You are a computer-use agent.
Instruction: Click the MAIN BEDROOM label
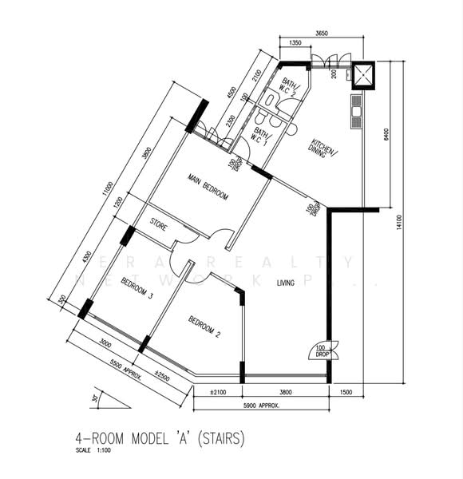point(208,188)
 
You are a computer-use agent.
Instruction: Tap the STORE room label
point(158,227)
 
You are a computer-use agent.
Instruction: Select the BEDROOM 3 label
point(137,288)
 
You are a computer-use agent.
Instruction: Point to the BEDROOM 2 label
point(204,327)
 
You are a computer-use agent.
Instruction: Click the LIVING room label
point(286,283)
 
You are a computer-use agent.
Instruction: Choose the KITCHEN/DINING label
point(324,153)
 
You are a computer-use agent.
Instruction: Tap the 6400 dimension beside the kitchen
point(386,135)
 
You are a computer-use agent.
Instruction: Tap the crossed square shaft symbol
point(364,76)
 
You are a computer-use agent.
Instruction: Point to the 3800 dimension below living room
point(286,392)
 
